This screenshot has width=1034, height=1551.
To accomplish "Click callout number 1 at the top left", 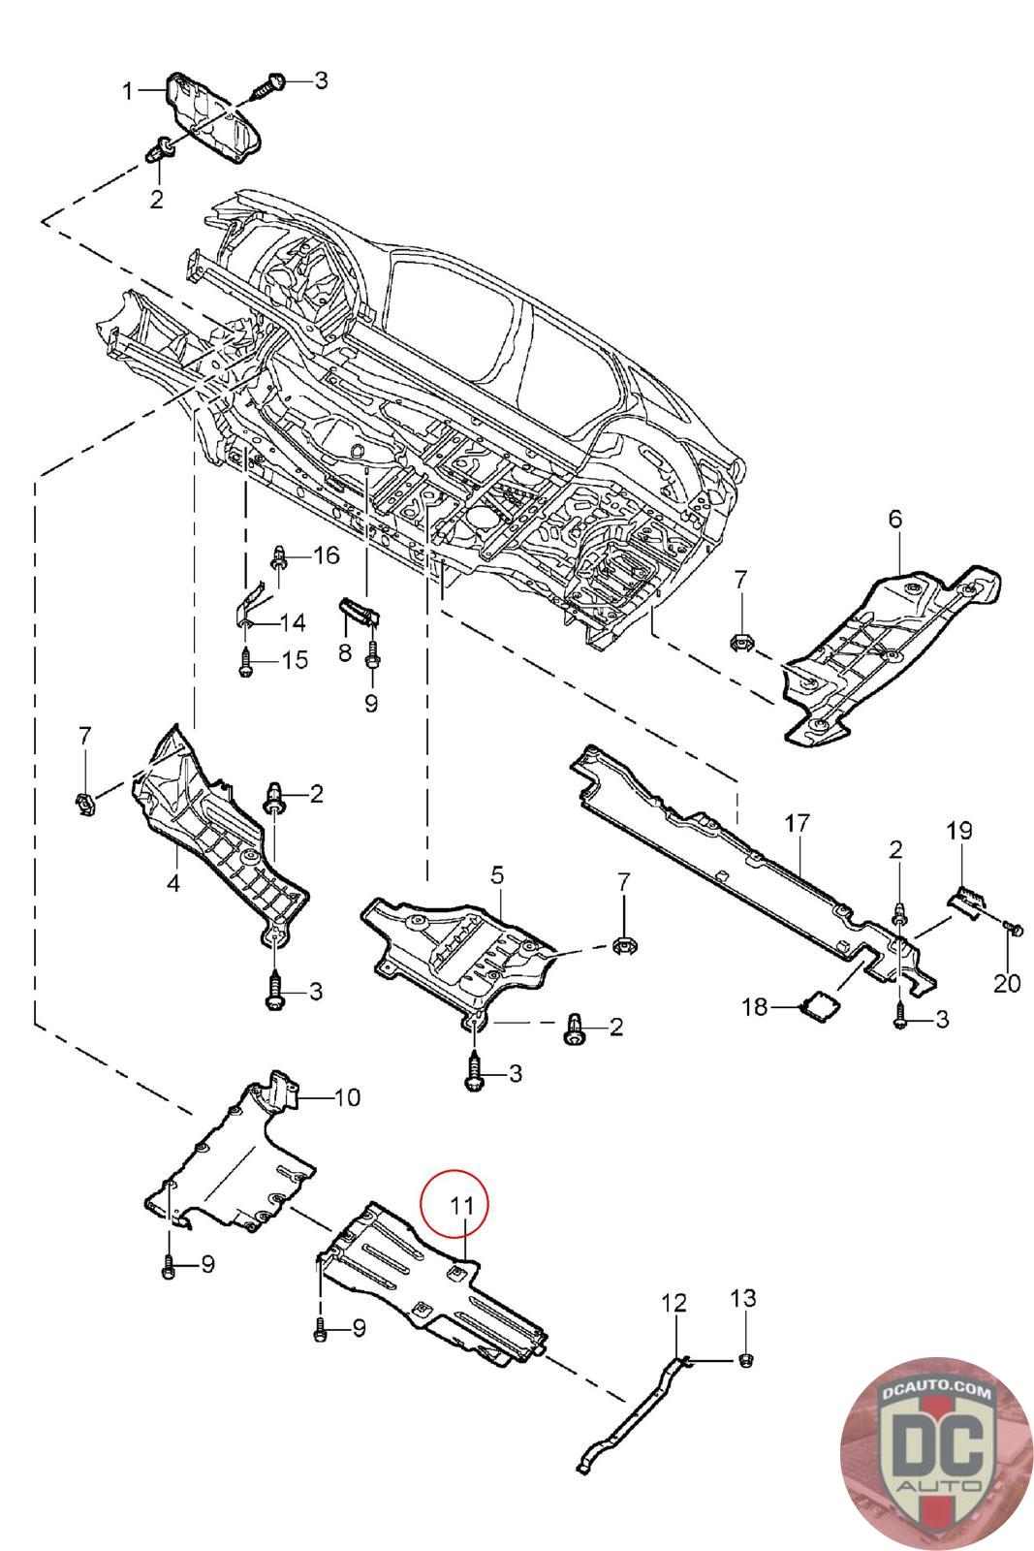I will pos(127,91).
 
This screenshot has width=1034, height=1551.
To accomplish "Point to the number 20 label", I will pos(1007,983).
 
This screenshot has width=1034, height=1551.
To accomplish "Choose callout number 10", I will pos(346,1097).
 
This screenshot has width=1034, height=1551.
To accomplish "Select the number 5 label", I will pos(497,875).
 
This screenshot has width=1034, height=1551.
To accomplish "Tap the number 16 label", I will pos(326,554).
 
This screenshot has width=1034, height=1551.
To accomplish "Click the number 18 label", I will pos(757,1007).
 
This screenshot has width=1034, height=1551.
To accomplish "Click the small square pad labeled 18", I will pos(817,1004).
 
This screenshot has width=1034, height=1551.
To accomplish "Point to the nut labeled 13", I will pos(745,1360).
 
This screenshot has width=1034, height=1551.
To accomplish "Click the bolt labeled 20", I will pos(1014,930).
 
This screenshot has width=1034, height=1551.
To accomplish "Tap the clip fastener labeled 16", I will pos(279,557).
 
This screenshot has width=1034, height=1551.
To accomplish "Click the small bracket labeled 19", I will pos(968,901).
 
